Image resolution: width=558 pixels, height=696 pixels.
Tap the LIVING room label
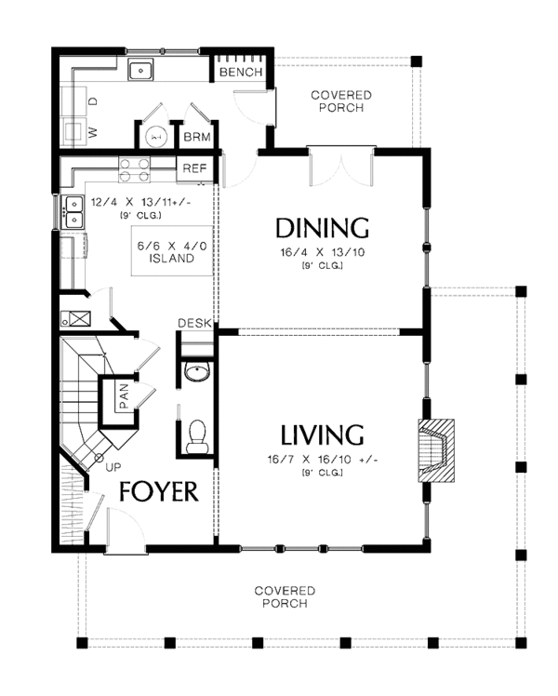[322, 435]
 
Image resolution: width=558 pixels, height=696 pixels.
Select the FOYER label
[157, 492]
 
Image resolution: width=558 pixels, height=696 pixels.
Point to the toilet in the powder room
[196, 437]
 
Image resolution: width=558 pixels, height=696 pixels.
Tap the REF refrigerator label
[193, 168]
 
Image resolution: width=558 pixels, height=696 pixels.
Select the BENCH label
[242, 73]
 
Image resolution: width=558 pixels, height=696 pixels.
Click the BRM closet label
[196, 137]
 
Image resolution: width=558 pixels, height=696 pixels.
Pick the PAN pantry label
[122, 396]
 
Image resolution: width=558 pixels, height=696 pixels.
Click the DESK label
[193, 323]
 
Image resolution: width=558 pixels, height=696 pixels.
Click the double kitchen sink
[73, 212]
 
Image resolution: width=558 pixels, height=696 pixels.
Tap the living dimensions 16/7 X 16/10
[322, 460]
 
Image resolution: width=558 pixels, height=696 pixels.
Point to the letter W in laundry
[92, 132]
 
